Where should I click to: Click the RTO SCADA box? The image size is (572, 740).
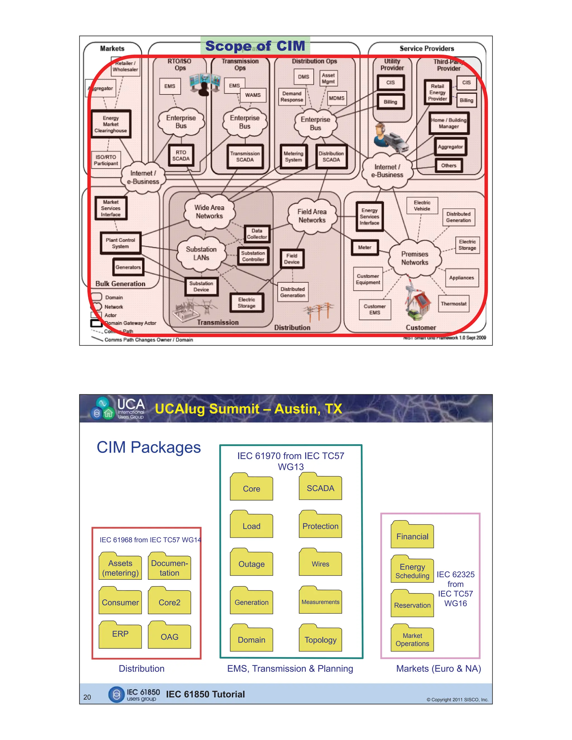click(x=181, y=156)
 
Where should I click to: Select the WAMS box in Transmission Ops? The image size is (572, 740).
click(x=253, y=95)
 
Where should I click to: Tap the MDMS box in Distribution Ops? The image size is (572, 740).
click(x=337, y=98)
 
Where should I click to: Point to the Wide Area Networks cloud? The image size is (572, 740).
click(x=209, y=212)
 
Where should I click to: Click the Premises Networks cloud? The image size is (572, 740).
click(x=415, y=258)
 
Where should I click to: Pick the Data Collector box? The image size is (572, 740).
click(x=257, y=234)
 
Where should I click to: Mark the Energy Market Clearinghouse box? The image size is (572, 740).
click(x=111, y=124)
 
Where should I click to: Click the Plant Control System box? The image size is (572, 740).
click(x=120, y=243)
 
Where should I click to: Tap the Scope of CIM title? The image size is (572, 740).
click(x=255, y=46)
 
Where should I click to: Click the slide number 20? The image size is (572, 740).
click(x=87, y=697)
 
